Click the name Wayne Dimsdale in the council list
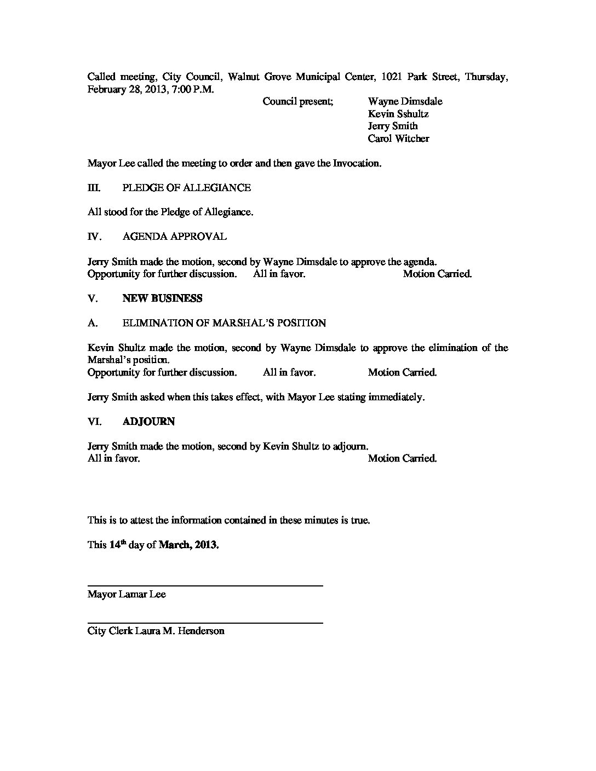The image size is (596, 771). [405, 101]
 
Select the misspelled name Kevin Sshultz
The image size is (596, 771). [398, 114]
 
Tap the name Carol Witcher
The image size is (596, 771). [398, 139]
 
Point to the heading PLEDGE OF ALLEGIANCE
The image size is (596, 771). [187, 188]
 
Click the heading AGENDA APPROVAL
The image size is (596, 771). [174, 237]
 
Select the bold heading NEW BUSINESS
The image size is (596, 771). [162, 298]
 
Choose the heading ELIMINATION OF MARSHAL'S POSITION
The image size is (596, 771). [224, 323]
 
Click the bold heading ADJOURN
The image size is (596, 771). [148, 422]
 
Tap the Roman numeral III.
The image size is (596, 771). [94, 188]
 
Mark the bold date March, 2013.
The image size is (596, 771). [188, 545]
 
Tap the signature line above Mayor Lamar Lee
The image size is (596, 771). [205, 586]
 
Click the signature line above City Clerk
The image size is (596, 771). [205, 623]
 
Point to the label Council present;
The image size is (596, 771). [297, 101]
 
